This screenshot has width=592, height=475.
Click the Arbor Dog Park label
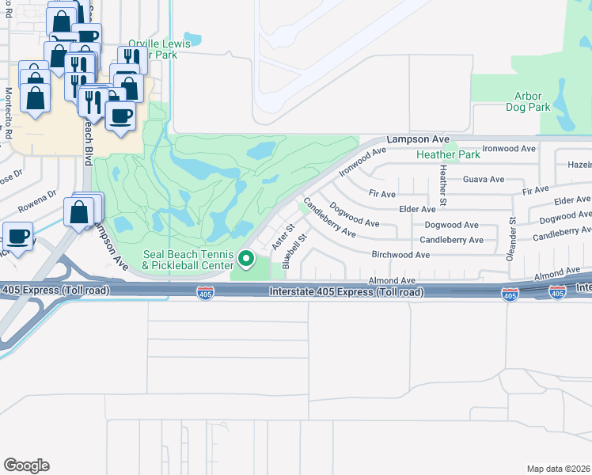click(x=528, y=101)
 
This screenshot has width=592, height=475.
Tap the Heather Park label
click(x=448, y=154)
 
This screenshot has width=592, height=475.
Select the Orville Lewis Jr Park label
click(x=160, y=49)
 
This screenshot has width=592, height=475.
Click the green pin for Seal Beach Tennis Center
click(x=246, y=258)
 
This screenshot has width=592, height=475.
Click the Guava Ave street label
click(x=484, y=180)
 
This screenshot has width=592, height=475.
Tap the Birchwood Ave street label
click(x=400, y=255)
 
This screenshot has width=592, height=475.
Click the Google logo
click(x=26, y=465)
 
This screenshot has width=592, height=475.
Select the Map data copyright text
click(x=559, y=469)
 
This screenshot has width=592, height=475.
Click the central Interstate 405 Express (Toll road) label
click(x=346, y=292)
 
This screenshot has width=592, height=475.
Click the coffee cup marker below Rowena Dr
click(x=17, y=235)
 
